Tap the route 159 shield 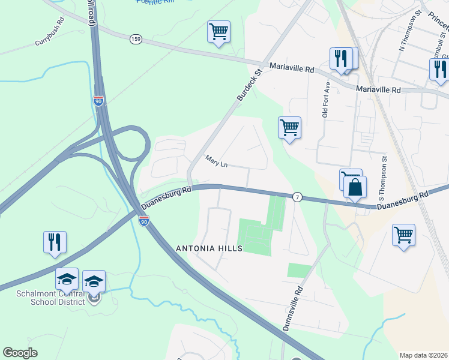(x=135, y=39)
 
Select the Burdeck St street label (x=250, y=84)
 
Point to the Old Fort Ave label (x=325, y=104)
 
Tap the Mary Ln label (x=217, y=161)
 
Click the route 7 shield (x=297, y=197)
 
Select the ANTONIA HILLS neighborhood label (x=209, y=248)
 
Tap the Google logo (x=20, y=353)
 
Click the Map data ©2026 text (x=423, y=355)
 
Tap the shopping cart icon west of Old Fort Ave (x=290, y=127)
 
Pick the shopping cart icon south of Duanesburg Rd (x=403, y=235)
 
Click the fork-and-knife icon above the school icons (x=55, y=242)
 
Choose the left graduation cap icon (x=67, y=279)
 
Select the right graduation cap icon (x=94, y=281)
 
